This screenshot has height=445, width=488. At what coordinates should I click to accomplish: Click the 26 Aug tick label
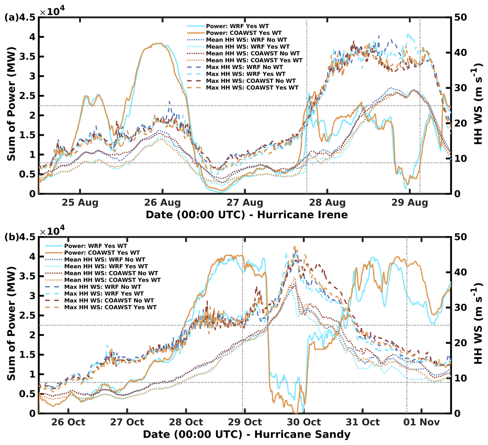point(162,202)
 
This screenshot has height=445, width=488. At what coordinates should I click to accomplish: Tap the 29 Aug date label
point(410,202)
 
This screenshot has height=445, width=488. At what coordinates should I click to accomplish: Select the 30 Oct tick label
point(304,422)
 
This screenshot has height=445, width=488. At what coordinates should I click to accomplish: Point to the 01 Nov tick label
point(421,422)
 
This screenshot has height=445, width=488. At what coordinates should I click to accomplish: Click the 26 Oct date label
point(68,422)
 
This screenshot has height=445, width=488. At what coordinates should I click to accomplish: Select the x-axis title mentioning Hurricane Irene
point(247,215)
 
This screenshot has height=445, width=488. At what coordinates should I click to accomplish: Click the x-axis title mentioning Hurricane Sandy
point(247,434)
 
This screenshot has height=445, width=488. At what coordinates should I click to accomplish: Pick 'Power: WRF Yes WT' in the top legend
point(237,26)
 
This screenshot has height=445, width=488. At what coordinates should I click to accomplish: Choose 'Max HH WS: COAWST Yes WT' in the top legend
point(252,88)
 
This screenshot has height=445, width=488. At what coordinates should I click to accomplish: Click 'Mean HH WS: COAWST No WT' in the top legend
point(253,54)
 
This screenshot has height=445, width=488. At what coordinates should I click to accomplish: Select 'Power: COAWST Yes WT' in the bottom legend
point(102,253)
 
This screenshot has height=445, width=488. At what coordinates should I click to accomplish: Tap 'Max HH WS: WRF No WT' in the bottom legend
point(103,287)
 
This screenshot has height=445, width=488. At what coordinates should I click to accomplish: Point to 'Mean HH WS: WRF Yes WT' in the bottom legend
point(106,267)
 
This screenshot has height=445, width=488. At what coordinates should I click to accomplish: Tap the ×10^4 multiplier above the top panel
point(52,11)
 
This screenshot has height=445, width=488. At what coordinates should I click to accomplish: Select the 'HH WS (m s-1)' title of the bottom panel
point(478,323)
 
